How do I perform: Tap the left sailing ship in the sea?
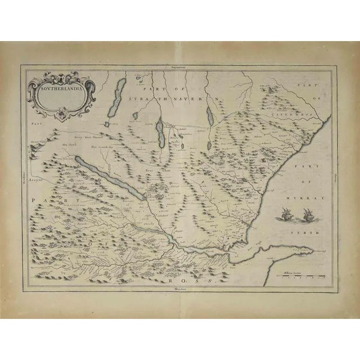(x=284, y=213)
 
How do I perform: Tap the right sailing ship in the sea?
(x=307, y=213)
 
